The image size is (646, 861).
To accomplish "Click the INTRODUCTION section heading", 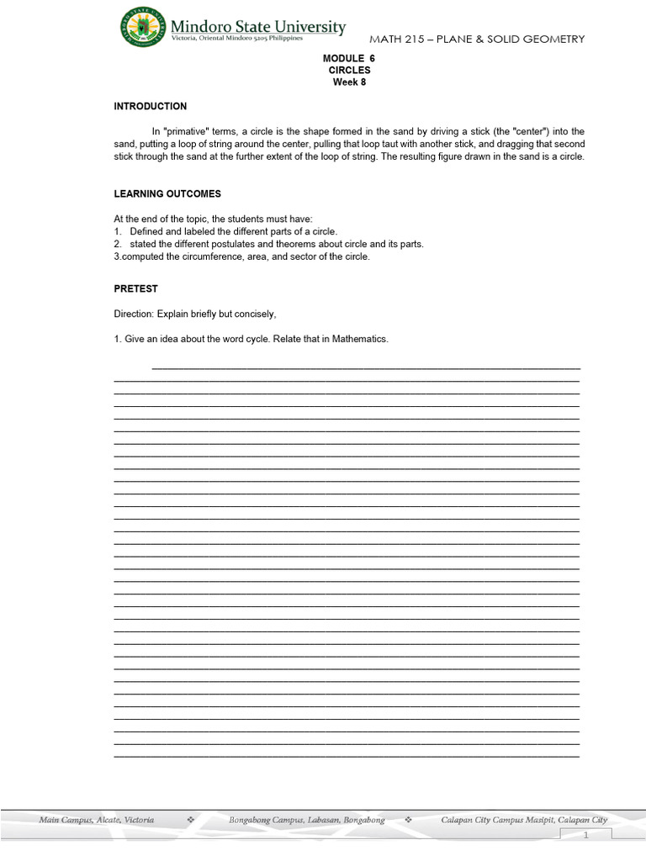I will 151,107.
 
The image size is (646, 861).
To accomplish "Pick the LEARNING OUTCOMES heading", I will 167,194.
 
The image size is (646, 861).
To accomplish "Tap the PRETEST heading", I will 136,288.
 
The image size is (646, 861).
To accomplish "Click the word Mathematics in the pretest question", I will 359,339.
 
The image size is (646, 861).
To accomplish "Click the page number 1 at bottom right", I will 586,836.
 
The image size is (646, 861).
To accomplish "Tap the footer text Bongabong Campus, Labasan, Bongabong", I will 307,820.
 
